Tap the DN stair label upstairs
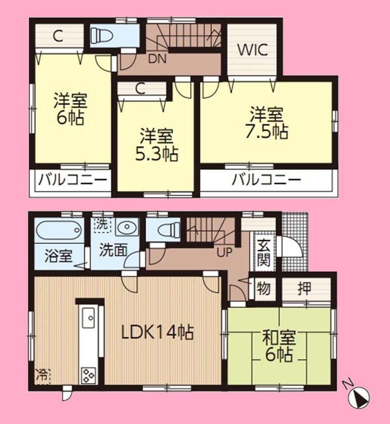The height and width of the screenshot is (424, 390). point(157,59)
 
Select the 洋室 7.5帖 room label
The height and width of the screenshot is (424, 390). point(267,123)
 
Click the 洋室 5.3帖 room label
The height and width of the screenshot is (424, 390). point(156,145)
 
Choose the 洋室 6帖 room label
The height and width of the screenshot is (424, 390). point(70,109)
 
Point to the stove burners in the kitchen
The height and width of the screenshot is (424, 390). point(88,374)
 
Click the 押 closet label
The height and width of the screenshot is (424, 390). point(305,289)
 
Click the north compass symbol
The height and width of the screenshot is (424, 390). point(359,397)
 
